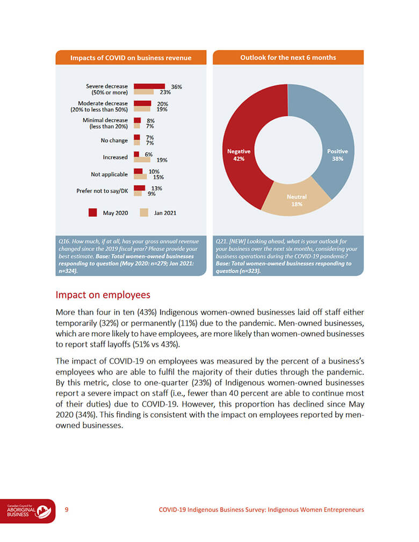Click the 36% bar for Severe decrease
149,86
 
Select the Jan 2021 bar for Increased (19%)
142,159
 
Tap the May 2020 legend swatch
92,213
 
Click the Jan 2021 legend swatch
144,213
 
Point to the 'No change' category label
114,141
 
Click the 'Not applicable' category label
110,174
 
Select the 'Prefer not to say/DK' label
102,191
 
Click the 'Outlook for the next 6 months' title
288,57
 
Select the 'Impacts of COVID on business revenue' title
131,58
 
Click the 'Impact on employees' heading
103,295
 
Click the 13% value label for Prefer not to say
156,188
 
